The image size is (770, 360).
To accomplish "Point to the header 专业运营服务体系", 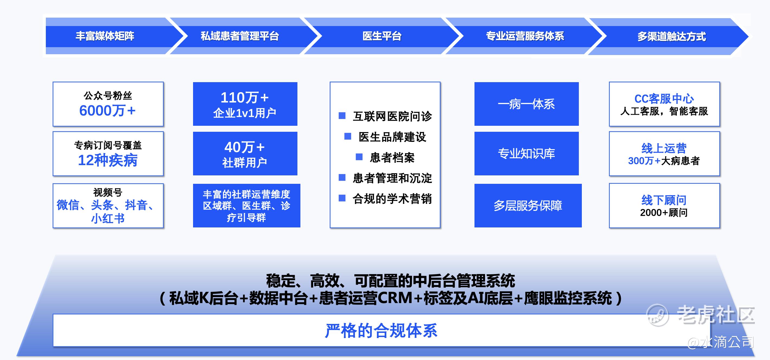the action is click(525, 36).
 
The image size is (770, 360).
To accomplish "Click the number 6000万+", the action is click(107, 111).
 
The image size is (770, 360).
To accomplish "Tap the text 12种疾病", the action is click(108, 160).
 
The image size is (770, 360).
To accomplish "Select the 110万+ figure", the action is click(245, 98).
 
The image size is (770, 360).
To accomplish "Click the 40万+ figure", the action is click(245, 147).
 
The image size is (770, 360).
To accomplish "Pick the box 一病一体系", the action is click(526, 104).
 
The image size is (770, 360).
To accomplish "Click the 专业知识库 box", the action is click(526, 153).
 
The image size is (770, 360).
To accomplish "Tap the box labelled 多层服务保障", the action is click(528, 205).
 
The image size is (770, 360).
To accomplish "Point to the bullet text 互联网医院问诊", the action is click(392, 116).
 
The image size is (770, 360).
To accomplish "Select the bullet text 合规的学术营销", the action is click(392, 199).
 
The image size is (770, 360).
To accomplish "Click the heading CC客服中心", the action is click(664, 99).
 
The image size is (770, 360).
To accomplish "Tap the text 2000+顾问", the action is click(664, 213).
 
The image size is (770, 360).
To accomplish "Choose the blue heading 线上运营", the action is click(664, 148).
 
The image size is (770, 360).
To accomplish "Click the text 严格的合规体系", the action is click(381, 331).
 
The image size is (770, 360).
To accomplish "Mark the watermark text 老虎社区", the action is click(716, 315).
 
